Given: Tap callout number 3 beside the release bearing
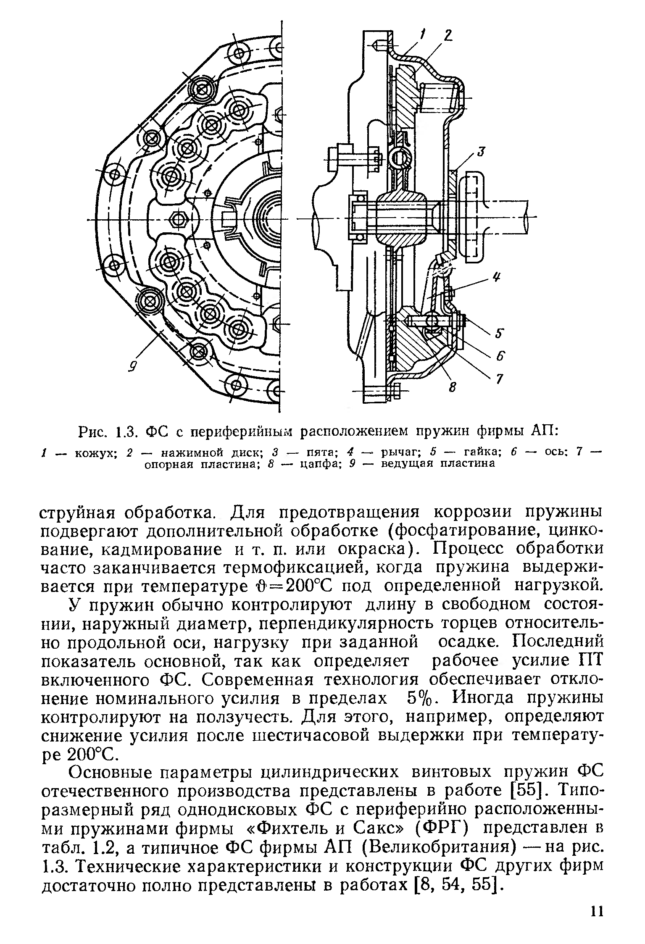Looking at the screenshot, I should click(481, 152).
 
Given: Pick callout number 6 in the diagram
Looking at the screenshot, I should click(500, 356).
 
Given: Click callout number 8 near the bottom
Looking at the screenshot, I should click(452, 387).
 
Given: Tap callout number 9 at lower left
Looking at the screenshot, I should click(132, 367).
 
